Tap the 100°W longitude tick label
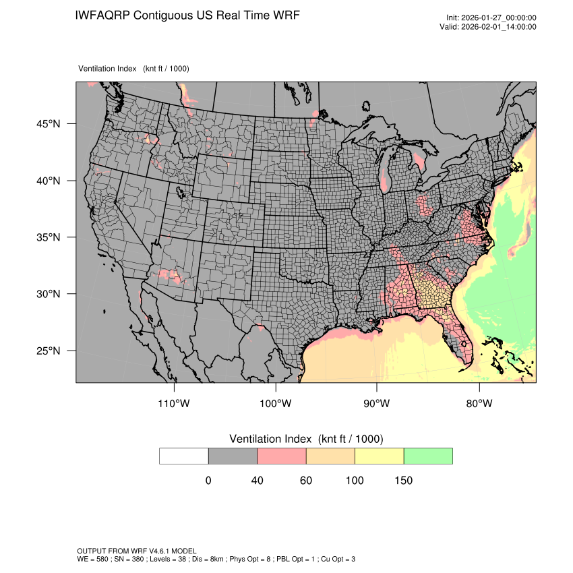tap(276, 404)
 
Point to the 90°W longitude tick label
tap(377, 404)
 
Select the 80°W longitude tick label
tap(479, 404)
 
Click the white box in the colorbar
tap(183, 456)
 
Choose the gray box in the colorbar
tap(233, 456)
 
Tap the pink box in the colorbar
tap(281, 456)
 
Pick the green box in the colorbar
tap(428, 456)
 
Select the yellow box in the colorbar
tap(379, 456)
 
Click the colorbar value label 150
tap(403, 481)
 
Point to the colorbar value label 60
tap(305, 481)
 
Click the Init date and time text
tap(491, 18)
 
